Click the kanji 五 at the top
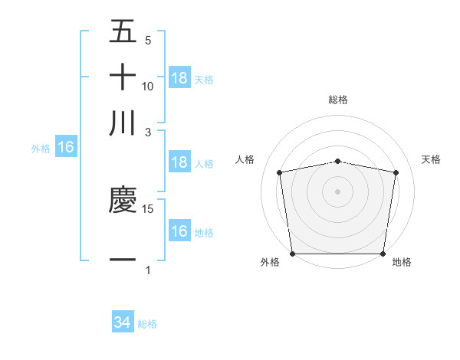point(123,31)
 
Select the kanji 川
point(123,123)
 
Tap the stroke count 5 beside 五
point(148,40)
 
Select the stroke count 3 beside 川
point(148,132)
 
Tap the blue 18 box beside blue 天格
point(179,78)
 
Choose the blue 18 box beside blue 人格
point(179,162)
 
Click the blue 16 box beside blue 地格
point(179,231)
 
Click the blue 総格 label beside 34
point(147,324)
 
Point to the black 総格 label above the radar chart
point(337,100)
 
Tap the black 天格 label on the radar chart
point(432,159)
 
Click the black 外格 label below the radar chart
point(270,263)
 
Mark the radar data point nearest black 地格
point(383,254)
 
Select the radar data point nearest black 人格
point(280,172)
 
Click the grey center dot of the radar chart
point(337,191)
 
